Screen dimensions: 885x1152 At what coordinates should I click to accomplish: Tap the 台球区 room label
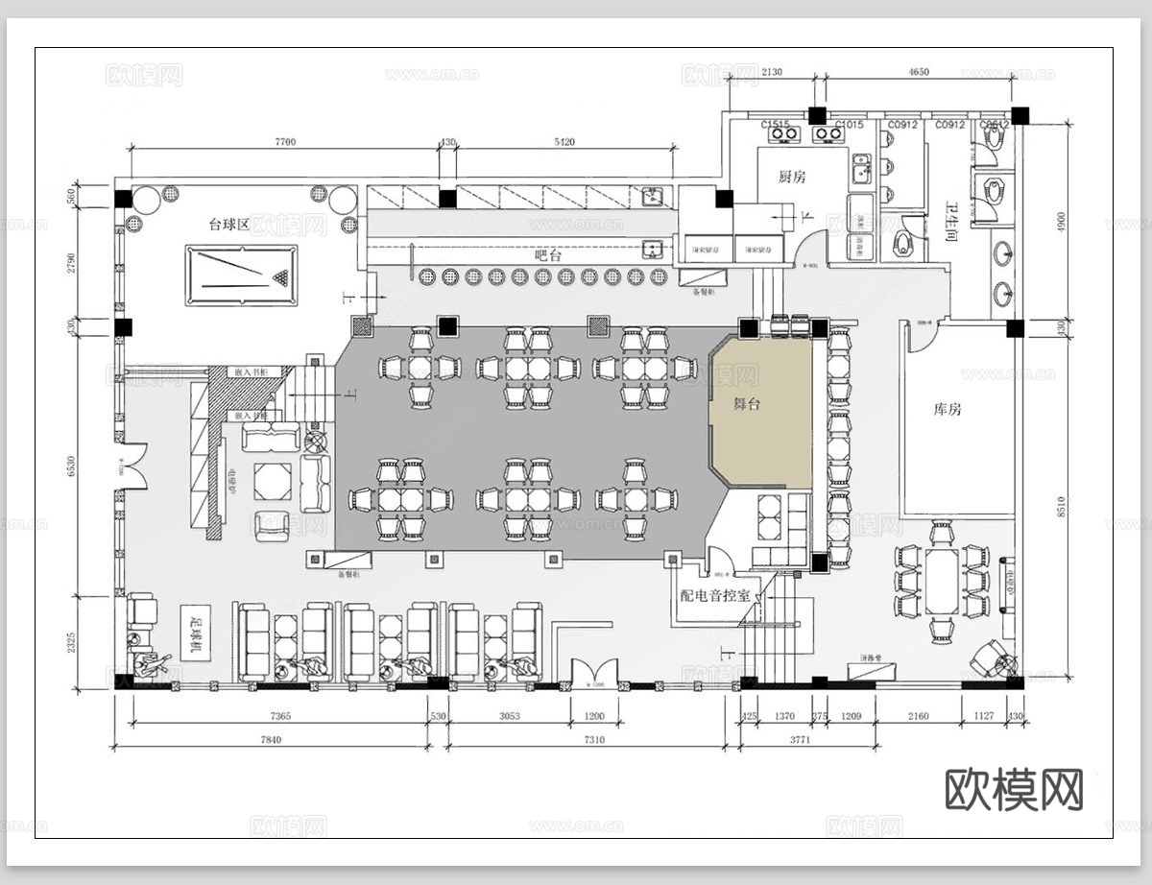229,225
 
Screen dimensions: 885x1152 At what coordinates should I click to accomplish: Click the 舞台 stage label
747,404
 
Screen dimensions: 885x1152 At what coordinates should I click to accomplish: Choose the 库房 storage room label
948,409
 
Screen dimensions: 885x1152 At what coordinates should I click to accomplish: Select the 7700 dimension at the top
285,142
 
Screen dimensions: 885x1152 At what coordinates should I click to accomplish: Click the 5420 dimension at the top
564,142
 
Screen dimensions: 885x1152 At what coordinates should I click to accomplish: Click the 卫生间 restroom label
952,219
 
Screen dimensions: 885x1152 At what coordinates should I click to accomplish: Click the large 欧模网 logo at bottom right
1014,789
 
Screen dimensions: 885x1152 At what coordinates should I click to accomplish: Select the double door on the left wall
132,467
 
